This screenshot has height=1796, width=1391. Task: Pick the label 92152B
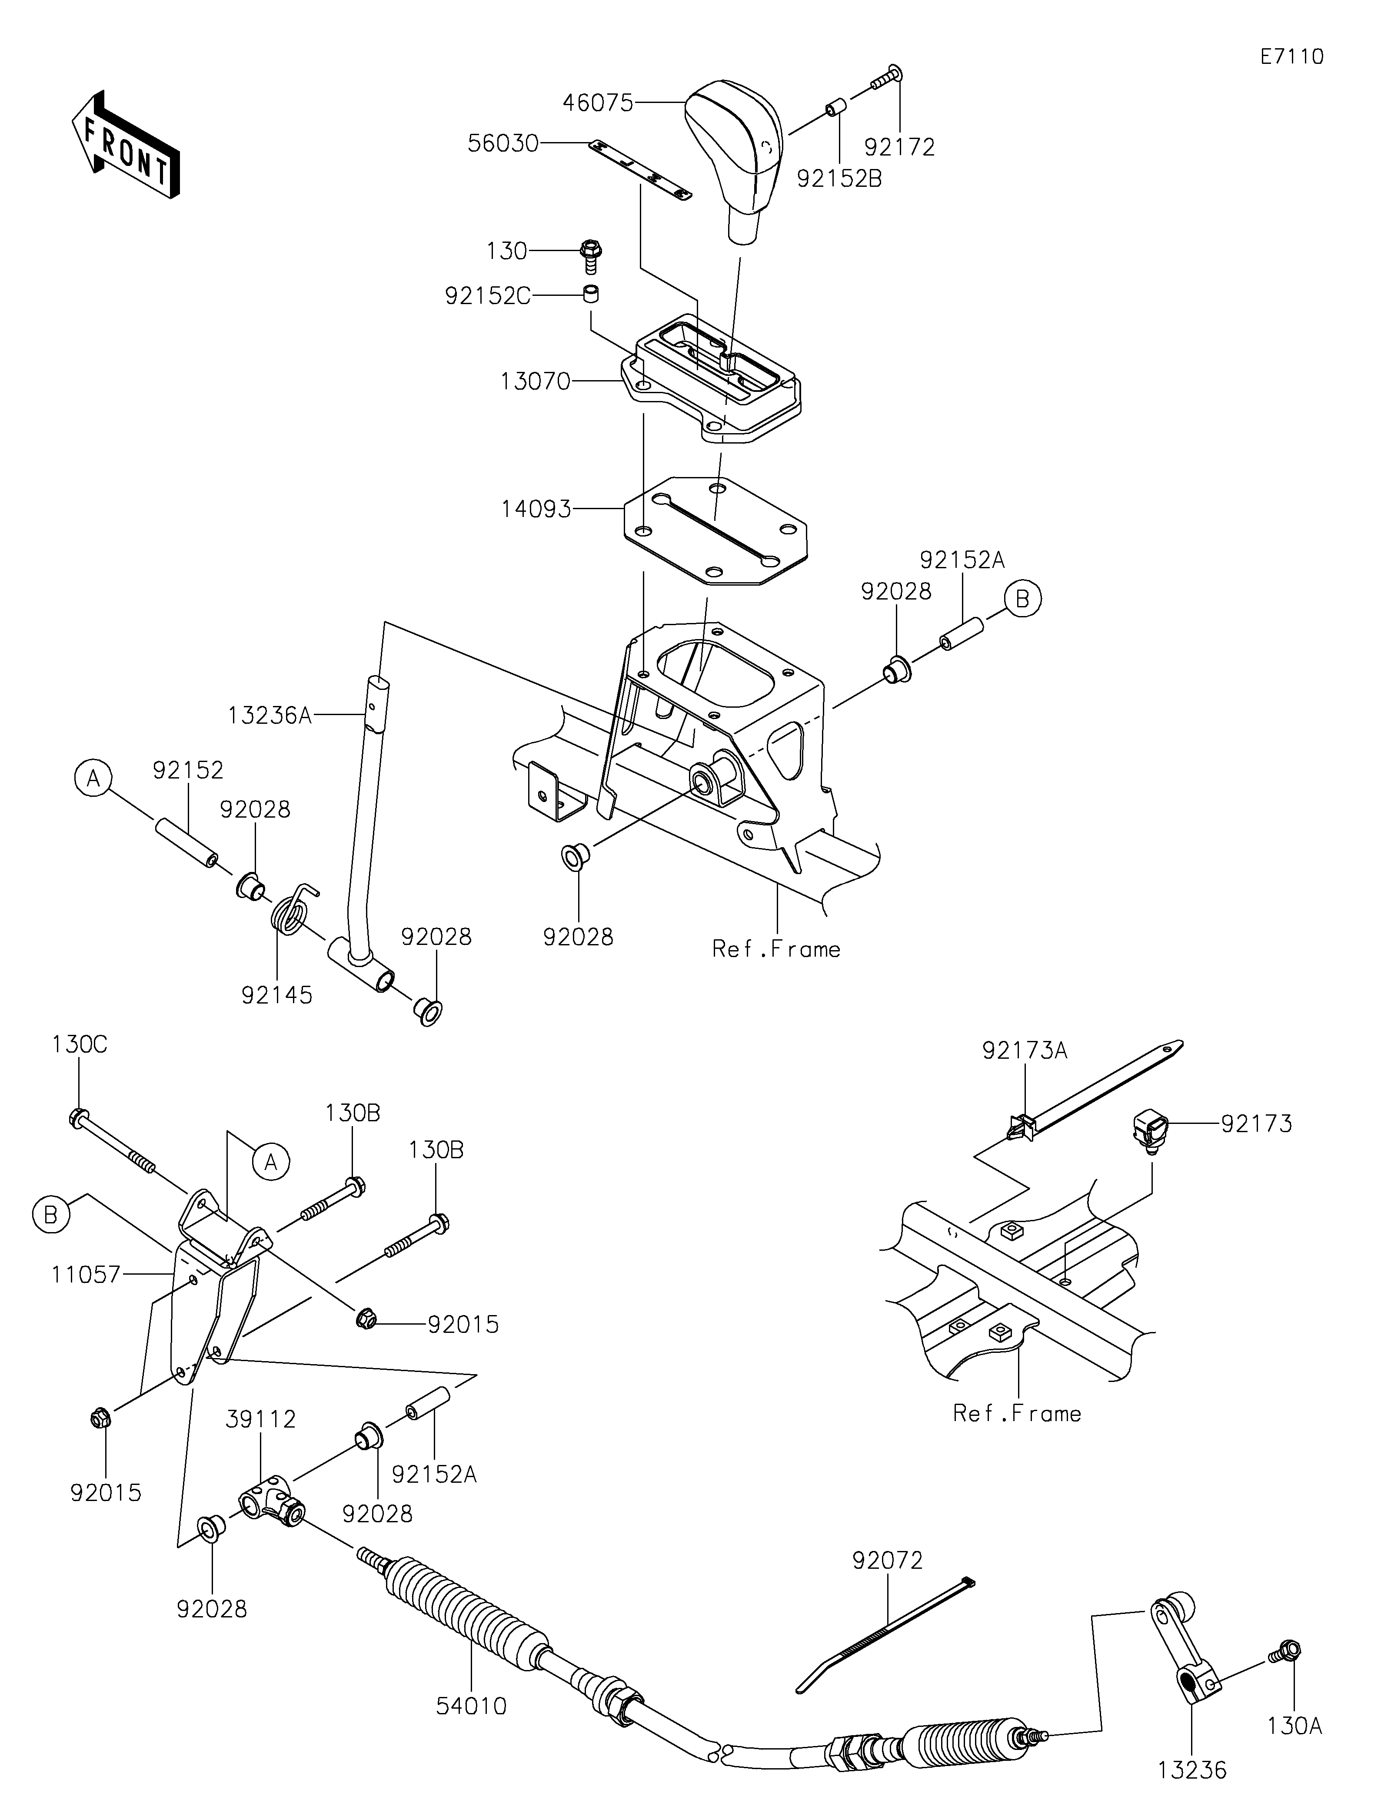pyautogui.click(x=839, y=179)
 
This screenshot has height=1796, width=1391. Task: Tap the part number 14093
pyautogui.click(x=536, y=510)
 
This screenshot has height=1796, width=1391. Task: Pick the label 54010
pyautogui.click(x=471, y=1707)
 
